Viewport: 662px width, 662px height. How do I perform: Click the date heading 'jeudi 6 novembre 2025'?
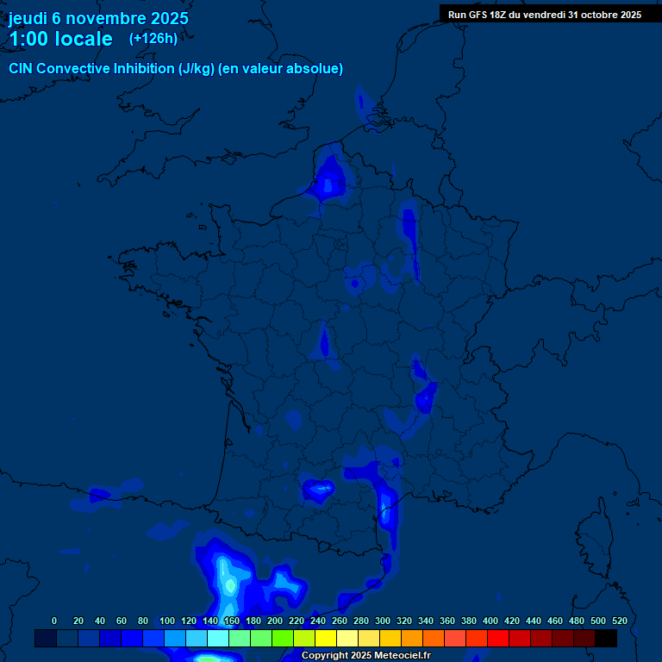(x=98, y=18)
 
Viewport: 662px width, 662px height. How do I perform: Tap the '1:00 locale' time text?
(x=60, y=39)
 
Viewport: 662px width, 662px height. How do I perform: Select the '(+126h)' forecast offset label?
(x=153, y=38)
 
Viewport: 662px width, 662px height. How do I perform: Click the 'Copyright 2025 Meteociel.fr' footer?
(x=365, y=656)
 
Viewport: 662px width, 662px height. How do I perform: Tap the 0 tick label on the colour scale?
(x=54, y=621)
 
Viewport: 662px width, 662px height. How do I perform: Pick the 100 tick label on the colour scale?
(x=167, y=621)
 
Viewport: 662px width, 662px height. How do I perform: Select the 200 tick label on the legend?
(x=275, y=621)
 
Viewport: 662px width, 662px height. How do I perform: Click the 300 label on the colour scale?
(x=383, y=621)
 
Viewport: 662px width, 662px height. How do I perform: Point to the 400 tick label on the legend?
(x=490, y=621)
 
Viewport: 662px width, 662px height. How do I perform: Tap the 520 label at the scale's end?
(x=619, y=621)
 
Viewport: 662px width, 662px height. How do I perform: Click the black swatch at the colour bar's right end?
(x=606, y=638)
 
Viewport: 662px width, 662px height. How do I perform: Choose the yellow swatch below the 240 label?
(x=326, y=638)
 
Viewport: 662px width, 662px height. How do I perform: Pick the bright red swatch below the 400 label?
(x=498, y=638)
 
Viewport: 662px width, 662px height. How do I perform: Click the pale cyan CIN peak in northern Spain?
(x=229, y=584)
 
